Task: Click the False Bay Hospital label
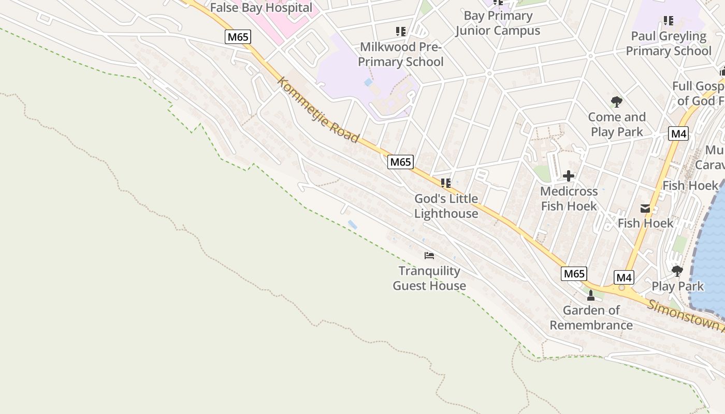(261, 8)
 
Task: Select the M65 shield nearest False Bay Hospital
(238, 37)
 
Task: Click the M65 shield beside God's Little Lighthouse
(400, 162)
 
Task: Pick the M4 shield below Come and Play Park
(678, 134)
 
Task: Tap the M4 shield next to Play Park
(624, 277)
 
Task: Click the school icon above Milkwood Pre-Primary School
(400, 32)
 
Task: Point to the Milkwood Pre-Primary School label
(401, 54)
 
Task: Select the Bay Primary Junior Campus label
(498, 23)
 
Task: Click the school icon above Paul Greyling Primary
(669, 21)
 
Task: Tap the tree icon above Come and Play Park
(616, 101)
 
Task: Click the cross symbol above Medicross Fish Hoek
(569, 176)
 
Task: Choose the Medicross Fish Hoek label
(569, 199)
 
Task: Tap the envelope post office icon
(645, 209)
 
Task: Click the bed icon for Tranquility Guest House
(429, 255)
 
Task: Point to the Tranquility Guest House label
(429, 278)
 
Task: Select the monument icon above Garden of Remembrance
(591, 295)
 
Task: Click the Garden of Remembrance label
(591, 318)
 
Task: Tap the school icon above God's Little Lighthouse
(445, 183)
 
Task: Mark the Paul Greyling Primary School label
(669, 43)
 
